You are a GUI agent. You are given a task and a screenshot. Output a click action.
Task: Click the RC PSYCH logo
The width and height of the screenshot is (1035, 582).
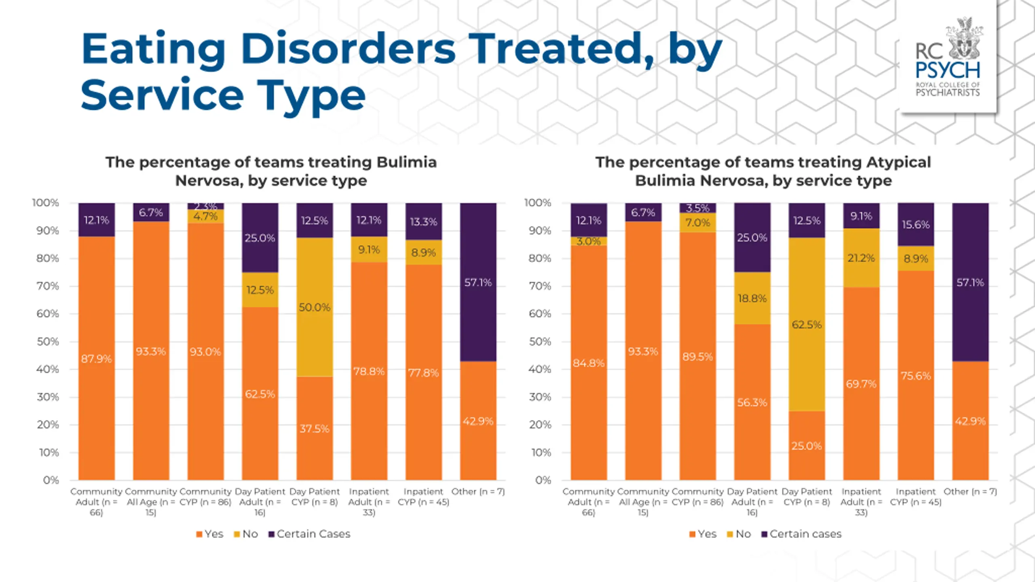948,57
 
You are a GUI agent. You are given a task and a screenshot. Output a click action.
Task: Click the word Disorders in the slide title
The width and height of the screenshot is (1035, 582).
348,48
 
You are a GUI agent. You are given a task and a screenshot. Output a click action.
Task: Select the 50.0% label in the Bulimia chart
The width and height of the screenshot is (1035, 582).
315,307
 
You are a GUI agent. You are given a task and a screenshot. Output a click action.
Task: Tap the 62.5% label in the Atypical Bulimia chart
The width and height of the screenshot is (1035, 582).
807,325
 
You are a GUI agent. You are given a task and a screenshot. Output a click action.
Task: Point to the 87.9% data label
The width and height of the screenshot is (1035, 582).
96,359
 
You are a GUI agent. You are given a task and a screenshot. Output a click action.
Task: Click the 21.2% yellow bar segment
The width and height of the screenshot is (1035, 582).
861,258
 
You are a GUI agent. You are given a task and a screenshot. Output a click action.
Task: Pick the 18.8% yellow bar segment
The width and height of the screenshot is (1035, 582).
752,298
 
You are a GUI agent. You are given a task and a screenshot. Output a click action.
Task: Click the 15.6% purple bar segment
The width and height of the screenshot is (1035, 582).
916,225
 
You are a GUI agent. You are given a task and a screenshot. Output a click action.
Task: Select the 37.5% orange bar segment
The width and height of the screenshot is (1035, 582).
315,428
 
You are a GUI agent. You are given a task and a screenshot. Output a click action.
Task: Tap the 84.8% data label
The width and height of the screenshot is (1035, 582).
589,363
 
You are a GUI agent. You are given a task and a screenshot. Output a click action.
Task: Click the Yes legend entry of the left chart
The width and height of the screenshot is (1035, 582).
209,534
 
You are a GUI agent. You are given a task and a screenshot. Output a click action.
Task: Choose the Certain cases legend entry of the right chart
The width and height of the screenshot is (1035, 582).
801,534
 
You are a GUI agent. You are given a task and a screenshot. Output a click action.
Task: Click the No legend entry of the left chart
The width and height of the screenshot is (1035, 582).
246,534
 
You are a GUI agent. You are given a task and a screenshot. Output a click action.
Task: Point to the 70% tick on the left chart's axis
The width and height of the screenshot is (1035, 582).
48,286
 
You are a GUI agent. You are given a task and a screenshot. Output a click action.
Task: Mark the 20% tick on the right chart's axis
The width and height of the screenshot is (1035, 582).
540,425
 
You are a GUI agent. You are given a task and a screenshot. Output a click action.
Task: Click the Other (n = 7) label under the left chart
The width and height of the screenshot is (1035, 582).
478,491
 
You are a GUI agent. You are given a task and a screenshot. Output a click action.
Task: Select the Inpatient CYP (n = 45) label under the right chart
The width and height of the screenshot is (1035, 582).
916,497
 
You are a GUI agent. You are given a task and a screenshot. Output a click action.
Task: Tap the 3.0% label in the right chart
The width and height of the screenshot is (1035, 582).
589,241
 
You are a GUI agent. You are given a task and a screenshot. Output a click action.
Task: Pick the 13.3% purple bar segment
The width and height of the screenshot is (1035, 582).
424,221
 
